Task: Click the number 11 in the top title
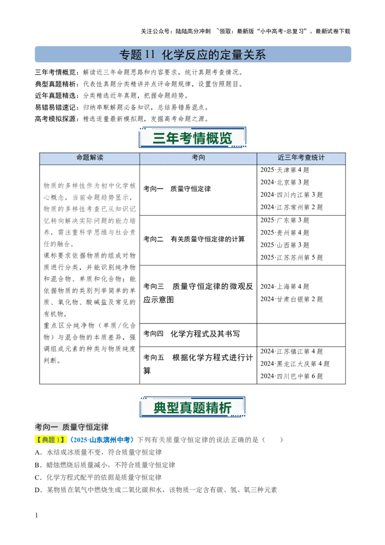(150, 55)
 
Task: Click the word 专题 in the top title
(130, 55)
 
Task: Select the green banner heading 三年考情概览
(192, 139)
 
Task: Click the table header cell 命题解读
(90, 157)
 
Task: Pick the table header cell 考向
(198, 157)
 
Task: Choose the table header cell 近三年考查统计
(301, 157)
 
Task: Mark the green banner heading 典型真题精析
(192, 408)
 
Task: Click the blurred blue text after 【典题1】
(102, 440)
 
